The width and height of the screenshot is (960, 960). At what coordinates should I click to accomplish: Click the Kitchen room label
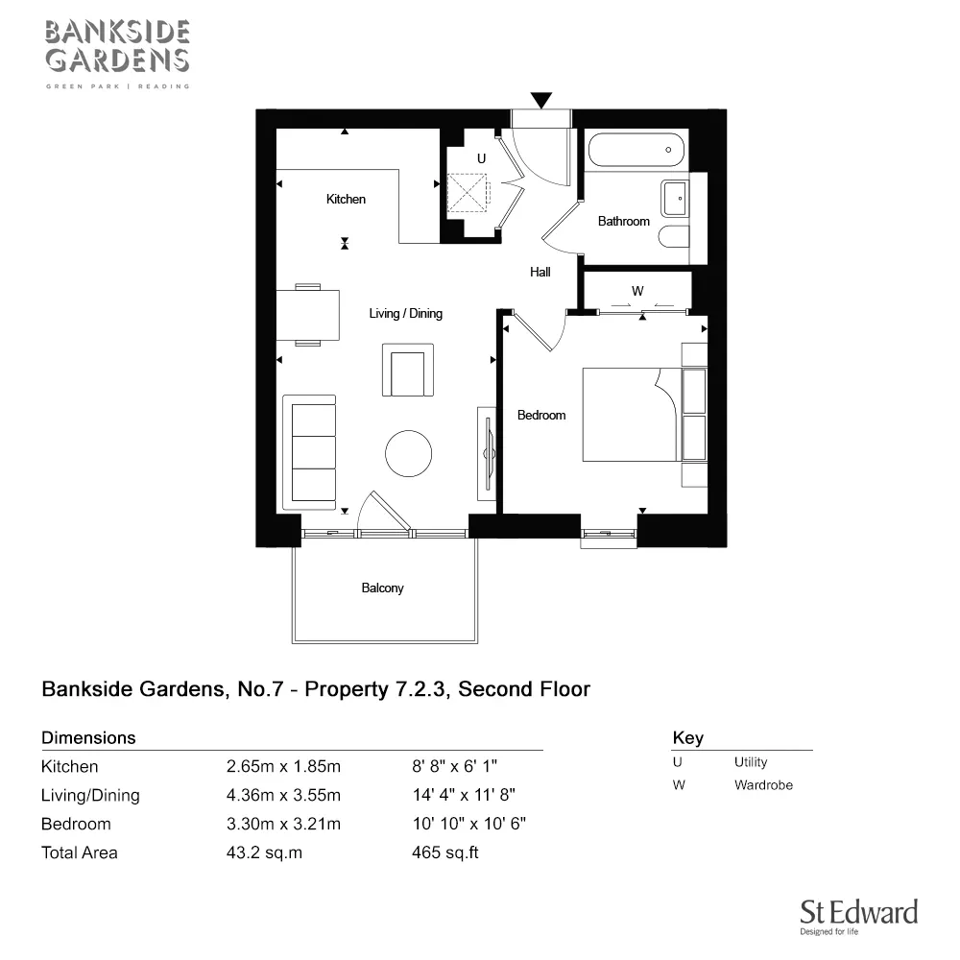pos(346,199)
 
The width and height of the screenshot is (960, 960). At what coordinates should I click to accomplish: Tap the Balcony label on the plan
pos(383,588)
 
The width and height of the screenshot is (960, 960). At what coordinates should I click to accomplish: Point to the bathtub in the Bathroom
pos(636,150)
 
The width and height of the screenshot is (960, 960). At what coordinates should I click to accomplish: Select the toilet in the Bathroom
pos(675,237)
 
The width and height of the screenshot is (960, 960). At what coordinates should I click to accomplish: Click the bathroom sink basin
pos(675,199)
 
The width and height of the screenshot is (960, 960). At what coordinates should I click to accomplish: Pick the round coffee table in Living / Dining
pos(408,454)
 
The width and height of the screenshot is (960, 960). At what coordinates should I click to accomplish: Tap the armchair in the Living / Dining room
pos(408,370)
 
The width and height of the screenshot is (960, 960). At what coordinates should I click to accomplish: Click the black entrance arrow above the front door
pos(541,100)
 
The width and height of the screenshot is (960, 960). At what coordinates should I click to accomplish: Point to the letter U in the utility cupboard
pos(481,158)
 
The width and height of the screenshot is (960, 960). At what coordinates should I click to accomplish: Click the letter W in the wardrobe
pos(637,291)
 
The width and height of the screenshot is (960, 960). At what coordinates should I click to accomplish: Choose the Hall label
pos(540,272)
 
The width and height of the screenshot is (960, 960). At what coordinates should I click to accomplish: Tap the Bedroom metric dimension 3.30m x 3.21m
pos(283,824)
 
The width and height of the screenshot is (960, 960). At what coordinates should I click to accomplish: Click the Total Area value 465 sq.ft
pos(445,852)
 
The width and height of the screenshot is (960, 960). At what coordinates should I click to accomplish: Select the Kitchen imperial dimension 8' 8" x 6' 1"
pos(454,766)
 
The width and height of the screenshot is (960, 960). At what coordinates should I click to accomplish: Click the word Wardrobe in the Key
pos(763,785)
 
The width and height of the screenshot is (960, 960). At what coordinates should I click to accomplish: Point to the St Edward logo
pos(859,917)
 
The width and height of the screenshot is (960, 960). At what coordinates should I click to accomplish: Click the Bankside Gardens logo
pos(117,54)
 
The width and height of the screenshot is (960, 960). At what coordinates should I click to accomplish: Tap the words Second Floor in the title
pos(524,689)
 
